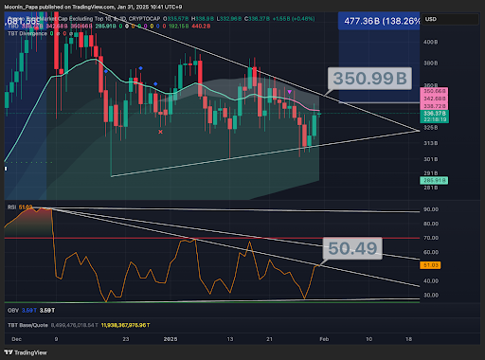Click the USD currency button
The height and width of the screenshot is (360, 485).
pos(431,19)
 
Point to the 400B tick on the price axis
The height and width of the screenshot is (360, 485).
pos(430,42)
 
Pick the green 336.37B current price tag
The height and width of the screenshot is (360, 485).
pos(437,114)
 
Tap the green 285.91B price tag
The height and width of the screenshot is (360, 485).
pos(437,178)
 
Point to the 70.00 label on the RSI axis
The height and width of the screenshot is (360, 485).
pos(431,238)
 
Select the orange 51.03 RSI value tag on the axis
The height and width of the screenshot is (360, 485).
pos(430,266)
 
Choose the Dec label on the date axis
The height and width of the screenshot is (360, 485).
pos(18,338)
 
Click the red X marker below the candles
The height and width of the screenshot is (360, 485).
pos(161,133)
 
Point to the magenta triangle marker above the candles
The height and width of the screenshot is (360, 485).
pos(289,91)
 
